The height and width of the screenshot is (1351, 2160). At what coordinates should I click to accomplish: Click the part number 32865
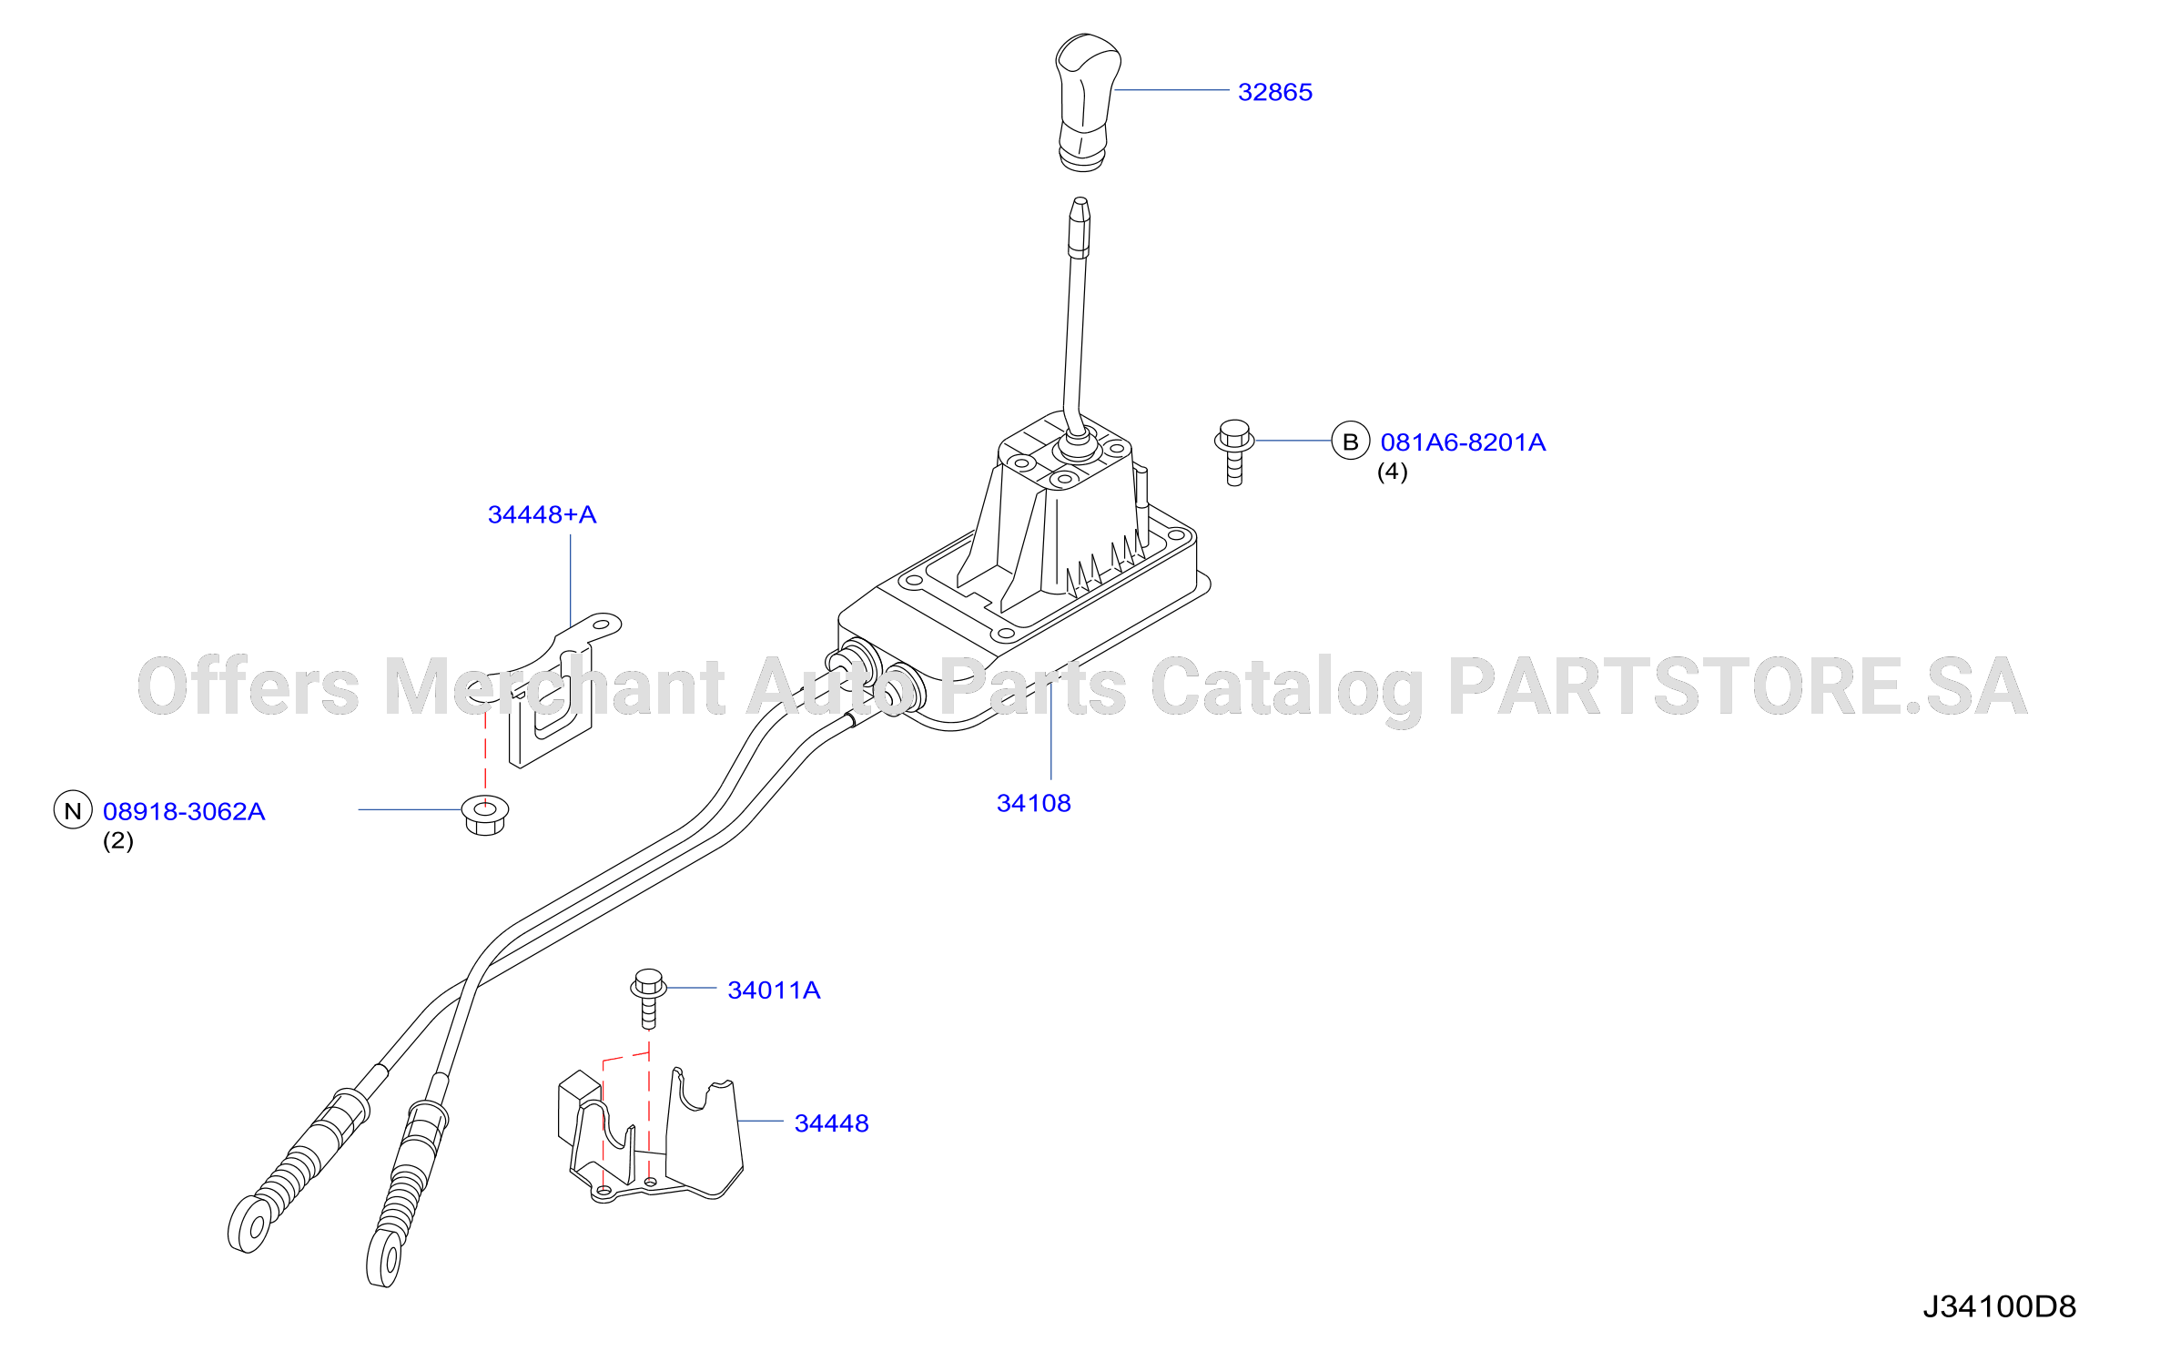1274,92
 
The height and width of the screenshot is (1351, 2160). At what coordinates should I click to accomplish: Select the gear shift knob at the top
1087,102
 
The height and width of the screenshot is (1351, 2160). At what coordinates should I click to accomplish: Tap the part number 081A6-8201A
1463,442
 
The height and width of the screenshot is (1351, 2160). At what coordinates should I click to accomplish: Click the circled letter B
1351,442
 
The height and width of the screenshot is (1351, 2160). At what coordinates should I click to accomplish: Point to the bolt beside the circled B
1234,452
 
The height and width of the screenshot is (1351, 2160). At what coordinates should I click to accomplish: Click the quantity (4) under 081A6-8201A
1392,472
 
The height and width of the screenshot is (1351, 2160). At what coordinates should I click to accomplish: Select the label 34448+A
543,514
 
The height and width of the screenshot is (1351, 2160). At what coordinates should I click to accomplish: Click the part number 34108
1034,803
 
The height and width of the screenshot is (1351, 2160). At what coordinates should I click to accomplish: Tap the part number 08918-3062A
184,811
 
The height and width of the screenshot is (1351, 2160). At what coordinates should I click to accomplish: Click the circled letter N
73,810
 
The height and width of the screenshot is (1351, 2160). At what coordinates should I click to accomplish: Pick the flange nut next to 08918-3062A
485,815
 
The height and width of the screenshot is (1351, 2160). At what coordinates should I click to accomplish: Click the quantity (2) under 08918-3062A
118,840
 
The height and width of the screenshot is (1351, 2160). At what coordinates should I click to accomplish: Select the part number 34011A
774,990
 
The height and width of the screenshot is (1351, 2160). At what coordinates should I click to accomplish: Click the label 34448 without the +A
831,1123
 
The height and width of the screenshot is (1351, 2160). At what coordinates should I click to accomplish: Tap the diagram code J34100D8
1999,1307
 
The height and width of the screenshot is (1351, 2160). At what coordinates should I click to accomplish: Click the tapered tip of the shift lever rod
1080,208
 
